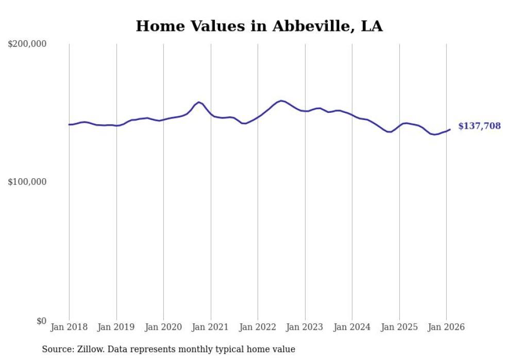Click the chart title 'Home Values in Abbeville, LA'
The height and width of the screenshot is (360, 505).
tap(259, 26)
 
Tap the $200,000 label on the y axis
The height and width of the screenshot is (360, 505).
tap(27, 44)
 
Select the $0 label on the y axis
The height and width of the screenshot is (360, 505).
tap(41, 321)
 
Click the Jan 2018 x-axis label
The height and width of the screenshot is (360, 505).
tap(69, 328)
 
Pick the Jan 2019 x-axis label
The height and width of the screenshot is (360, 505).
tap(116, 328)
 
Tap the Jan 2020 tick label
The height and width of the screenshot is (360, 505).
tap(163, 328)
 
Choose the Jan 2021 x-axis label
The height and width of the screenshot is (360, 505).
tap(210, 328)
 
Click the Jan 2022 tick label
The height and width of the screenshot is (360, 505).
tap(258, 328)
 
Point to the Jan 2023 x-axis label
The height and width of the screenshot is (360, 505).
tap(305, 328)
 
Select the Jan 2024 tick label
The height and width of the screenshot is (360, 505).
tap(352, 328)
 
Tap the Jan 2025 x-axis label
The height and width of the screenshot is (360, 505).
tap(399, 328)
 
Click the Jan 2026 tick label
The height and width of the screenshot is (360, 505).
tap(446, 328)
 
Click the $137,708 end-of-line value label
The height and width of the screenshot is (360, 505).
tap(479, 126)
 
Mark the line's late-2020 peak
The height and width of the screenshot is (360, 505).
tap(199, 102)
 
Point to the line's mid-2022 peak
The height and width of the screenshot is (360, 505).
tap(281, 100)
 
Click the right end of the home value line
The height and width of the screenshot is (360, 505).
tap(450, 129)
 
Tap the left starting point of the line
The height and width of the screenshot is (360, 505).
tap(69, 125)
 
